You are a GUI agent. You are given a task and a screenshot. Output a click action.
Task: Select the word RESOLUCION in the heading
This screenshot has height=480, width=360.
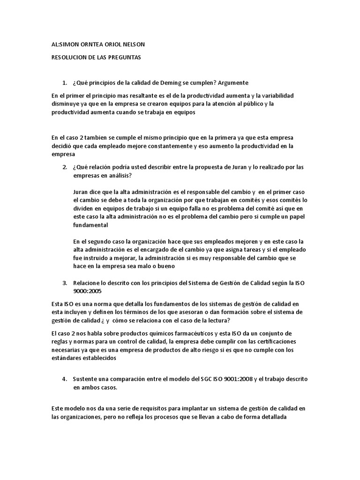[x=68, y=57]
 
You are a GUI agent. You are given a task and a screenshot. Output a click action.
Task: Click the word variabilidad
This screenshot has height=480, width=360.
[x=289, y=95]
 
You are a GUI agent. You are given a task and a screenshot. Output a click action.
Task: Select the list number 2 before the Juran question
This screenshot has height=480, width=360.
[x=65, y=167]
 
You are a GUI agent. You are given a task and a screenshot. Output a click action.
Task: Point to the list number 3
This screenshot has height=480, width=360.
[x=65, y=283]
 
